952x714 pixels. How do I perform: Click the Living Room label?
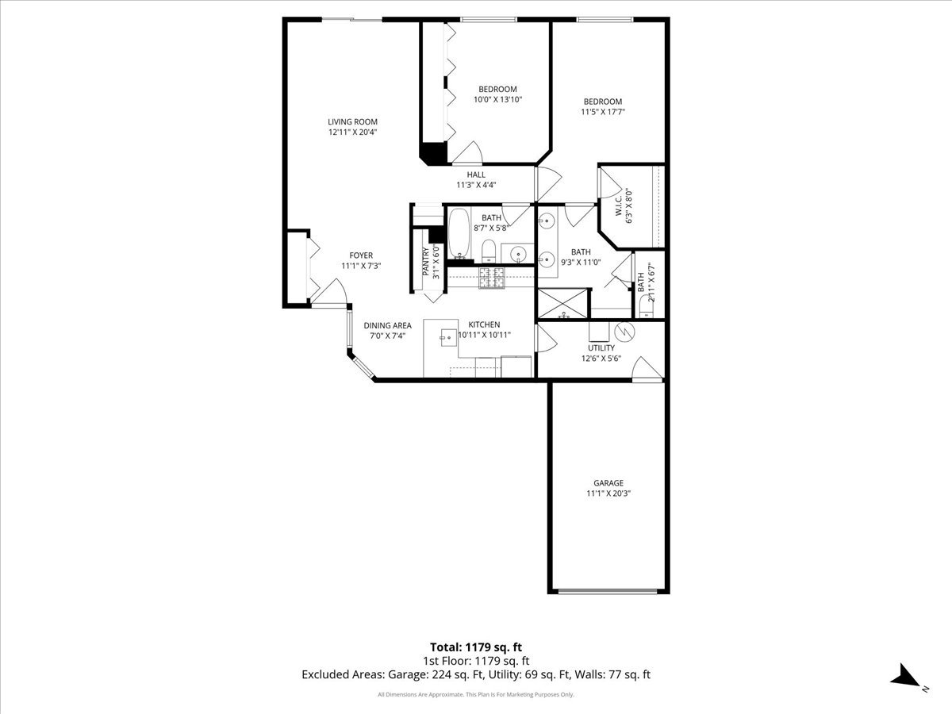[x=352, y=122]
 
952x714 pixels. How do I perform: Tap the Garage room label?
[x=608, y=483]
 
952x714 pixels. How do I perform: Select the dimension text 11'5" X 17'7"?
[x=603, y=112]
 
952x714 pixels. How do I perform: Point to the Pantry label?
[x=426, y=262]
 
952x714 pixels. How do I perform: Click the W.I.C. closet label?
[x=619, y=206]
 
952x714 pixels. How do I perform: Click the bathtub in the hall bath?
[x=459, y=234]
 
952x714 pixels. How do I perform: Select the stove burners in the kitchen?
[x=491, y=278]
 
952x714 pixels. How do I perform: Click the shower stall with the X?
[x=562, y=304]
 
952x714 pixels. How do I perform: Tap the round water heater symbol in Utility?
[x=624, y=332]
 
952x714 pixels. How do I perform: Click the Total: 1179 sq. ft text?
[x=476, y=647]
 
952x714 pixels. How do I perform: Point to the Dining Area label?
[x=387, y=325]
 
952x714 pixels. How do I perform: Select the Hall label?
[x=476, y=175]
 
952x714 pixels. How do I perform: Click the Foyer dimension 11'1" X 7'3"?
[x=361, y=266]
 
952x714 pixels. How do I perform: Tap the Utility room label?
[x=601, y=348]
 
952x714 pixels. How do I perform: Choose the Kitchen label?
[x=484, y=324]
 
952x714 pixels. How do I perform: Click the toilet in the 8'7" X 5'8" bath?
[x=489, y=251]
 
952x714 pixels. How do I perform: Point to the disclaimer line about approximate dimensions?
[x=476, y=694]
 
